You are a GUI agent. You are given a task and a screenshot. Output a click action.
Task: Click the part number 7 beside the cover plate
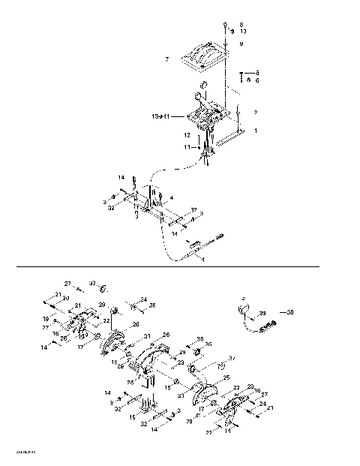click(167, 59)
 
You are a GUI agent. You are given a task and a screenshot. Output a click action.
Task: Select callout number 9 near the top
click(241, 44)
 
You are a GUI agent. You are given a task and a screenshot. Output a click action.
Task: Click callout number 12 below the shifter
click(187, 135)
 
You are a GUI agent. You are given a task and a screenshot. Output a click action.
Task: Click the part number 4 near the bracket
click(172, 197)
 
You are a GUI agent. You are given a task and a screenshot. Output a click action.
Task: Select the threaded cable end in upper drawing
click(223, 239)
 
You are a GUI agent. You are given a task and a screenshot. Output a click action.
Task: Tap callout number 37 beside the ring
click(232, 358)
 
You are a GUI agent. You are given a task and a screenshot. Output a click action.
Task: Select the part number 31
click(148, 335)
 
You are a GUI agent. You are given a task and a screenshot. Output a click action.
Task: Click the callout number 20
click(66, 297)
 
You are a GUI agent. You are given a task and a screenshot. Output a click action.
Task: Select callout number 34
click(143, 299)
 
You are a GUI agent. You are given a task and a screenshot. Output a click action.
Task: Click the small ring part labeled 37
click(220, 366)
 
